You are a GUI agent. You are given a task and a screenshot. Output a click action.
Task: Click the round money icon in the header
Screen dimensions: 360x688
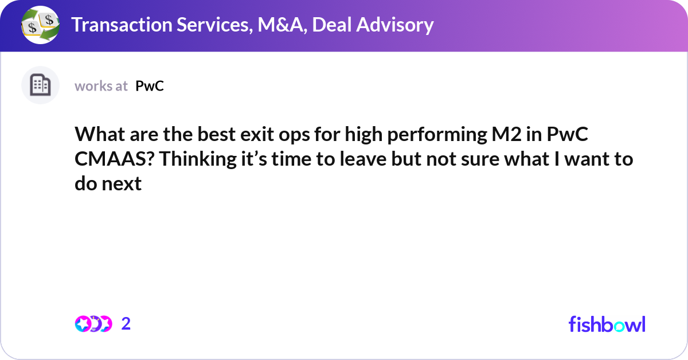(40, 25)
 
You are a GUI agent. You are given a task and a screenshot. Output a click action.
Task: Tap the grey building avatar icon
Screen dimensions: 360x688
(40, 85)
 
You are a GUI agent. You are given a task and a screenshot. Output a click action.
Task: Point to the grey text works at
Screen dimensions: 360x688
(101, 86)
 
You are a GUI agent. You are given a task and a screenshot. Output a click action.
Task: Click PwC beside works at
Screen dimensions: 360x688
(150, 86)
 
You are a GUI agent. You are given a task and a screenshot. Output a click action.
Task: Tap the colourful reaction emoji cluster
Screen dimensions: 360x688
(93, 324)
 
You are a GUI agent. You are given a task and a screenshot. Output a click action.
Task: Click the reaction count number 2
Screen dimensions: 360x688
(126, 324)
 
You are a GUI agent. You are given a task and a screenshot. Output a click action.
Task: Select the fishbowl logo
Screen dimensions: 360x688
(607, 324)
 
